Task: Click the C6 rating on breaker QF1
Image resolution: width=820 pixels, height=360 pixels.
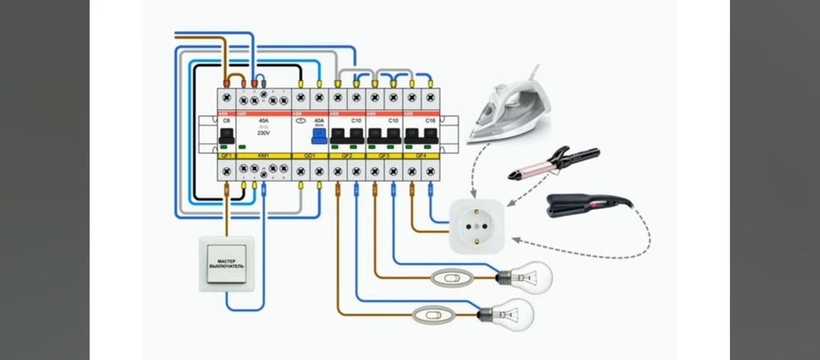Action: click(226, 120)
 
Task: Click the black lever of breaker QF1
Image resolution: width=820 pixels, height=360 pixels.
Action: click(226, 136)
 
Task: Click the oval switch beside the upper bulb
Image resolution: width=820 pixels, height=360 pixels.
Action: click(448, 278)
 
